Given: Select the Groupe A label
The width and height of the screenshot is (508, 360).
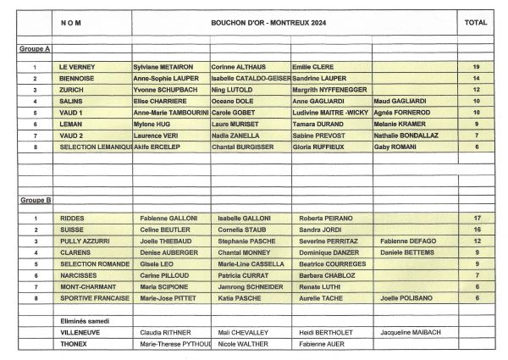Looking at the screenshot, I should point(35,50).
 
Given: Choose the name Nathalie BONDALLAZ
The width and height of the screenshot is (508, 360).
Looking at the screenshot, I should point(407,135).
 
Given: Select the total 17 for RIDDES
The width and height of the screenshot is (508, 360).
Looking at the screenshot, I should point(477,218).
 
